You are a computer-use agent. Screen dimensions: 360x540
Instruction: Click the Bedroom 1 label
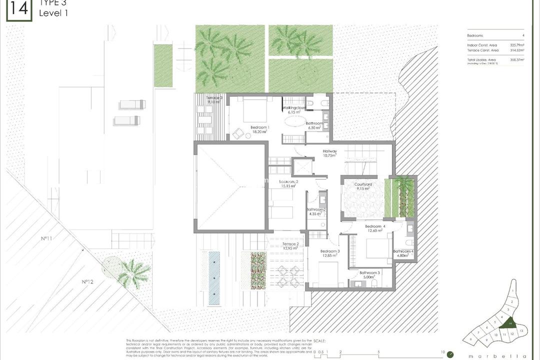coord(259,127)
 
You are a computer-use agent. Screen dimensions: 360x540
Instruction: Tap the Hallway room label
coord(329,151)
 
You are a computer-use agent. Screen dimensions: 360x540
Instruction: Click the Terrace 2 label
coord(290,244)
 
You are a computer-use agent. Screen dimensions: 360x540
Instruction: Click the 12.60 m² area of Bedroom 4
coord(375,231)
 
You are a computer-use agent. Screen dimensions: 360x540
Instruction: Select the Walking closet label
coord(293,108)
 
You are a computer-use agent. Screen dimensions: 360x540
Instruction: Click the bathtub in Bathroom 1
coord(293,122)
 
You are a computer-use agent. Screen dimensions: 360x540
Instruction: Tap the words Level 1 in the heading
coord(53,13)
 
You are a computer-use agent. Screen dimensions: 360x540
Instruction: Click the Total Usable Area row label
coord(481,59)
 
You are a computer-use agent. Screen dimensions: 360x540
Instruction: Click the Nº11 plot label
coord(46,238)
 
